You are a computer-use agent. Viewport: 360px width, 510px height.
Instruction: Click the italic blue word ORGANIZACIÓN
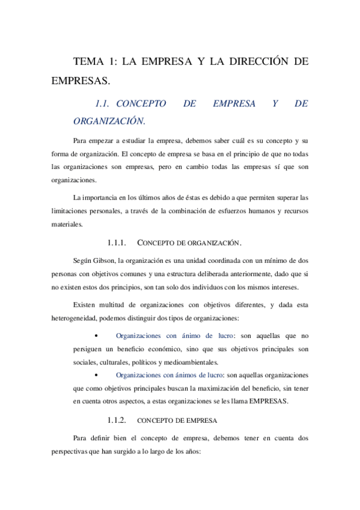109,121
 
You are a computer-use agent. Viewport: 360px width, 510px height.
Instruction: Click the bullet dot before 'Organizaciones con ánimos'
96,374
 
